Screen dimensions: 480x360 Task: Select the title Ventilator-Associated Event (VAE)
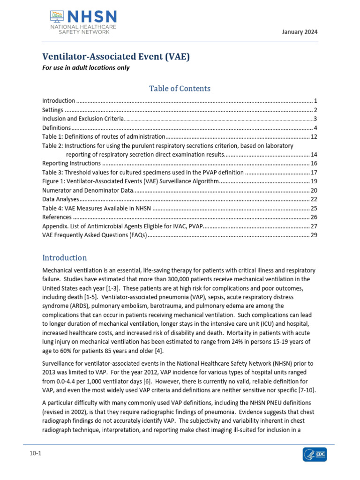(116, 57)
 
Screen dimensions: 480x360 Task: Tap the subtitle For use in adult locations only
(86, 68)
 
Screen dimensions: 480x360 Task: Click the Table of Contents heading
(180, 88)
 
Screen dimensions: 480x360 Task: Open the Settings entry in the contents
(53, 110)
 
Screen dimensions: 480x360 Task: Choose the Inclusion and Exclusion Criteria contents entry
(83, 119)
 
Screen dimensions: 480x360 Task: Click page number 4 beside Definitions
(316, 128)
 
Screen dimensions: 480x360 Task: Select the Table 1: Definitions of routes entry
(104, 136)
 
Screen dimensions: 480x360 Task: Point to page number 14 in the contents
(314, 155)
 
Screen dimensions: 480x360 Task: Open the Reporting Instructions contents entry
(71, 164)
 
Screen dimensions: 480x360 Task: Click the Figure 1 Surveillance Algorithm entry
(130, 181)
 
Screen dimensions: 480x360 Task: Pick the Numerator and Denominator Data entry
(88, 190)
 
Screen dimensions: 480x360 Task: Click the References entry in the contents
(57, 217)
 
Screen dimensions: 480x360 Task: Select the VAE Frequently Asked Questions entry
(95, 235)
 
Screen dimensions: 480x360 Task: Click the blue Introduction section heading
(64, 258)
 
